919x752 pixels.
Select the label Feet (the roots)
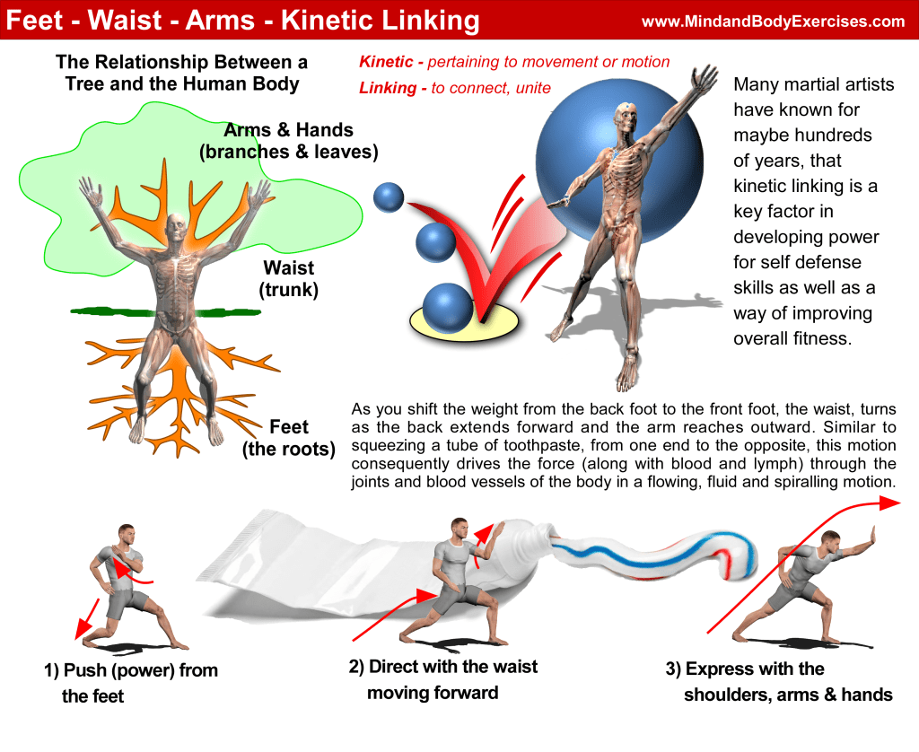point(288,437)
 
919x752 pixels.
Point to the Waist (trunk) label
point(290,278)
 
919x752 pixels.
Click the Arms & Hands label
point(288,141)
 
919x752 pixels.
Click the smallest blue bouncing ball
point(389,197)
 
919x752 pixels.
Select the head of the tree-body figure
point(177,224)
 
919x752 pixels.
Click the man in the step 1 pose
point(127,583)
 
